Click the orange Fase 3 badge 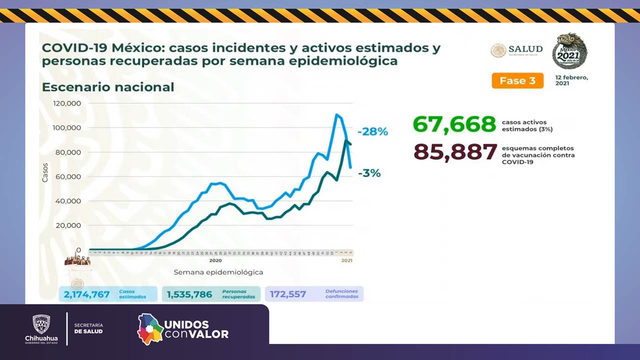(517, 80)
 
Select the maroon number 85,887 (455, 152)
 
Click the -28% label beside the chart (372, 132)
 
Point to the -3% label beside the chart (369, 173)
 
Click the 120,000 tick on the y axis (67, 103)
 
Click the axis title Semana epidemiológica (218, 272)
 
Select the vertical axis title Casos (45, 171)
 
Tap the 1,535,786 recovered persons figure (189, 294)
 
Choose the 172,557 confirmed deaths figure (288, 294)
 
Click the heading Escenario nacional (108, 87)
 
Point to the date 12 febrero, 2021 (571, 80)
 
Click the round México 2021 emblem (569, 51)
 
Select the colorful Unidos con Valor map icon (150, 329)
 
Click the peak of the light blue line (336, 115)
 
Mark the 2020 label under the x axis (215, 260)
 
